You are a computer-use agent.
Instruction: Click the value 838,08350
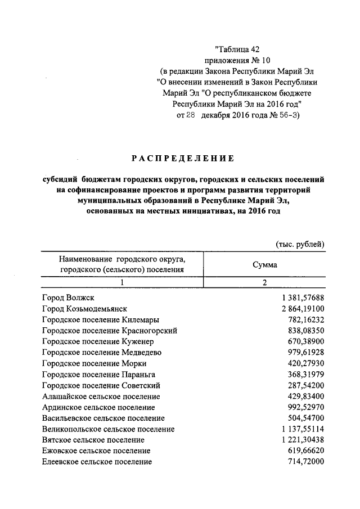click(x=307, y=330)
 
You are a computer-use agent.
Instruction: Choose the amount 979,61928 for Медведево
click(x=307, y=352)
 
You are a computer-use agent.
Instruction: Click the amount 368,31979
click(x=307, y=374)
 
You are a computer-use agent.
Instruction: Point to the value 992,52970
click(x=307, y=407)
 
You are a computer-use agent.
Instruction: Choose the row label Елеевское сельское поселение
click(x=97, y=462)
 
